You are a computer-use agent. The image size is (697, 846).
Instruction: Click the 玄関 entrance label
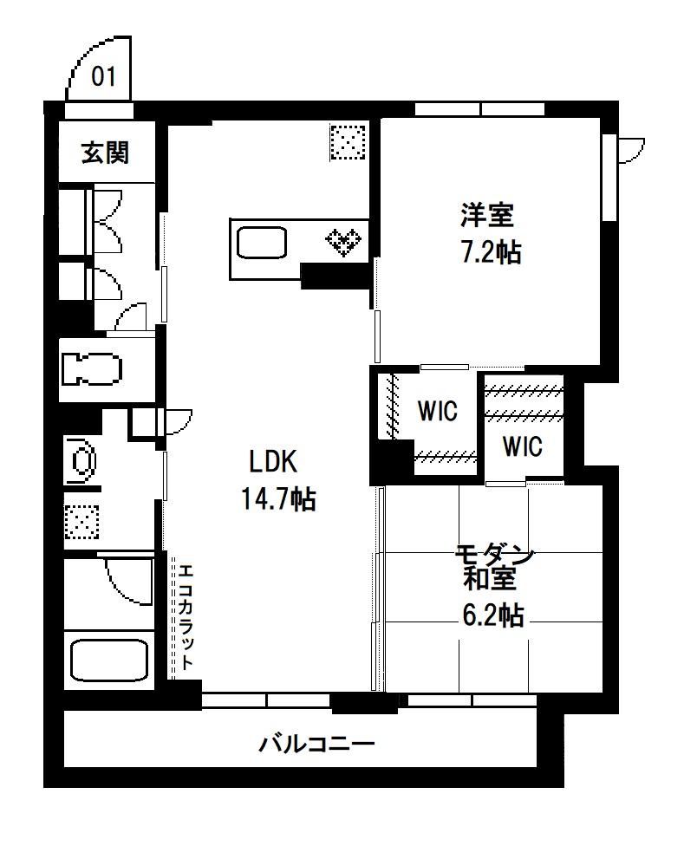[105, 153]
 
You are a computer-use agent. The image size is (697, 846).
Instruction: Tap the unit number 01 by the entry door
[103, 76]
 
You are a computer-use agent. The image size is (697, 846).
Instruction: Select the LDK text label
[273, 462]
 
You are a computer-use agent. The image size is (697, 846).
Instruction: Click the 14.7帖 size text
[277, 498]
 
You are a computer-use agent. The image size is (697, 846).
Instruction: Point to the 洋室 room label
[487, 214]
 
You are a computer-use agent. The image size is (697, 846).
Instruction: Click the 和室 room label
[491, 578]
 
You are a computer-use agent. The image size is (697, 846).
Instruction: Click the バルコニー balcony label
[316, 744]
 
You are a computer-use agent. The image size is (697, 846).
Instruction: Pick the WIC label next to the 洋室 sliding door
[438, 411]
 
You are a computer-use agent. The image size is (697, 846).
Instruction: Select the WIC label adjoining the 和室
[522, 446]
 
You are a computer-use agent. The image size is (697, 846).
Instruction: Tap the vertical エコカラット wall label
[185, 616]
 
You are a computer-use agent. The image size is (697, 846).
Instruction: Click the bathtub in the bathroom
[109, 660]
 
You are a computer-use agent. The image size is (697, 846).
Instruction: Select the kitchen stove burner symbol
[343, 242]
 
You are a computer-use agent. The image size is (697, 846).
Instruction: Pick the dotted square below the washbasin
[82, 522]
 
